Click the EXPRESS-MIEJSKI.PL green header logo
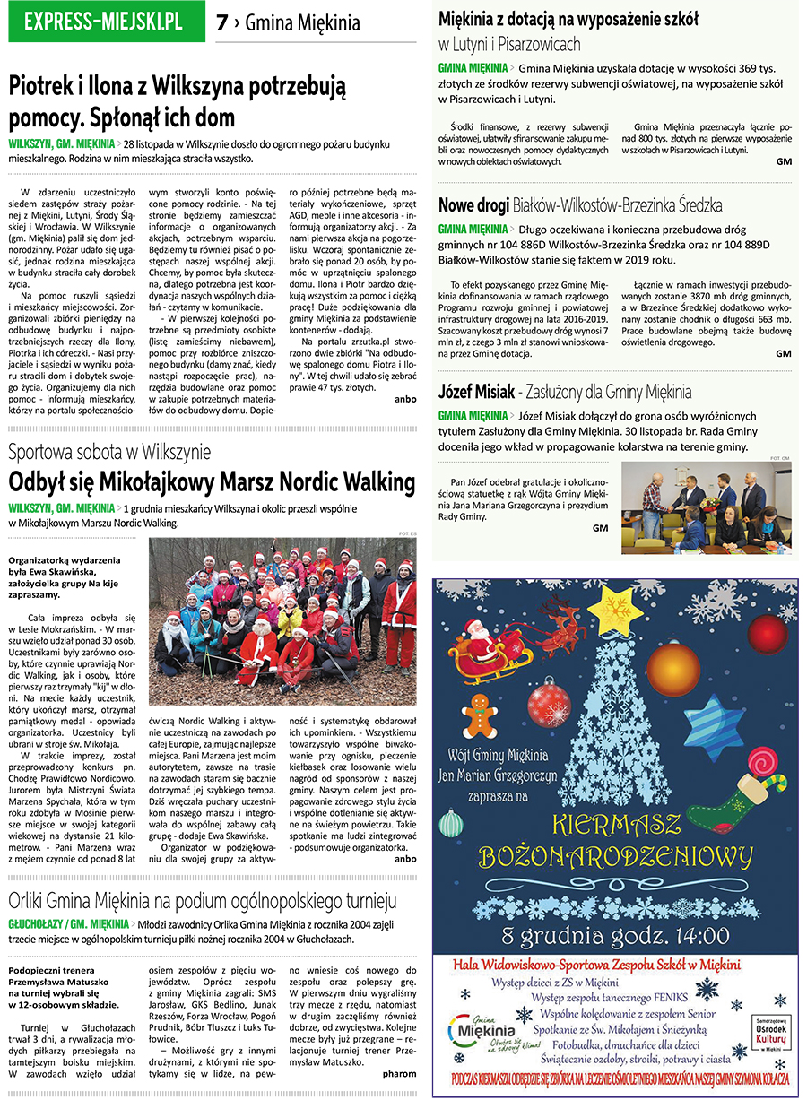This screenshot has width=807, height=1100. [103, 22]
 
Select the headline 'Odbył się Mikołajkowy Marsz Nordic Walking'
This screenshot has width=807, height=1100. [212, 481]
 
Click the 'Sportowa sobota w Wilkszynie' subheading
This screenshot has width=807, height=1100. [109, 451]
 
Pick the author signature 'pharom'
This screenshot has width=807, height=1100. [399, 1073]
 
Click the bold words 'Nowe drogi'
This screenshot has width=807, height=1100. [472, 205]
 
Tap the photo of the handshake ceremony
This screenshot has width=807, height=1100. [706, 506]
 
